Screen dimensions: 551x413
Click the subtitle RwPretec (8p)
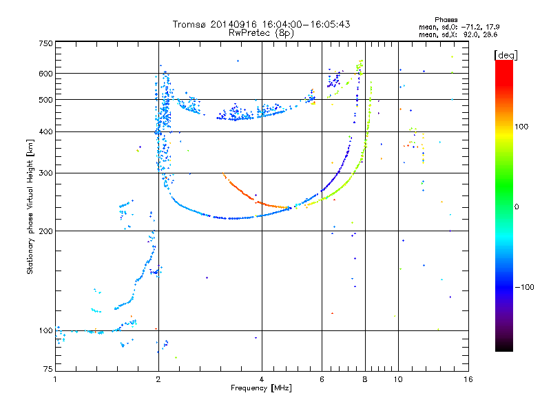click(261, 33)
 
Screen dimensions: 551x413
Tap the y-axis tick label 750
click(45, 43)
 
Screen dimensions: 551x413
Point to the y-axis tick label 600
click(45, 74)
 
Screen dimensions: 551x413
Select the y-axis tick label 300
click(45, 173)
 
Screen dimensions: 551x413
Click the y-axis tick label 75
click(48, 369)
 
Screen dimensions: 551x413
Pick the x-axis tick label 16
click(468, 379)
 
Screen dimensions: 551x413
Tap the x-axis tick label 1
click(55, 379)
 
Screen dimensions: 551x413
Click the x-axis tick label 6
click(322, 379)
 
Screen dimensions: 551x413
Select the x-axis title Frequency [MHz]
click(261, 388)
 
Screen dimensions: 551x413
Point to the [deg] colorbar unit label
click(506, 56)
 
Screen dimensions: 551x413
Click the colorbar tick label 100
click(521, 127)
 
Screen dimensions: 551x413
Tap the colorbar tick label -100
click(524, 287)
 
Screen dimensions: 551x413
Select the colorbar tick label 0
click(517, 207)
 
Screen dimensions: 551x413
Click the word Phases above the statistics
click(446, 20)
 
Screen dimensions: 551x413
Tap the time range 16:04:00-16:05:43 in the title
click(306, 24)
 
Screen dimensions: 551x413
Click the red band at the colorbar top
click(504, 70)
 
